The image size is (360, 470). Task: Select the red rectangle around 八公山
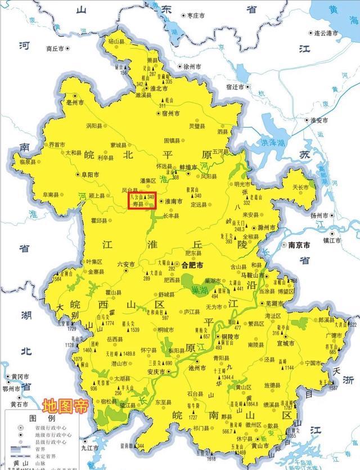pyautogui.click(x=142, y=202)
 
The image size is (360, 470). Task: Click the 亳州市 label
pyautogui.click(x=74, y=103)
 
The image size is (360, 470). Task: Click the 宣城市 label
pyautogui.click(x=286, y=342)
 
